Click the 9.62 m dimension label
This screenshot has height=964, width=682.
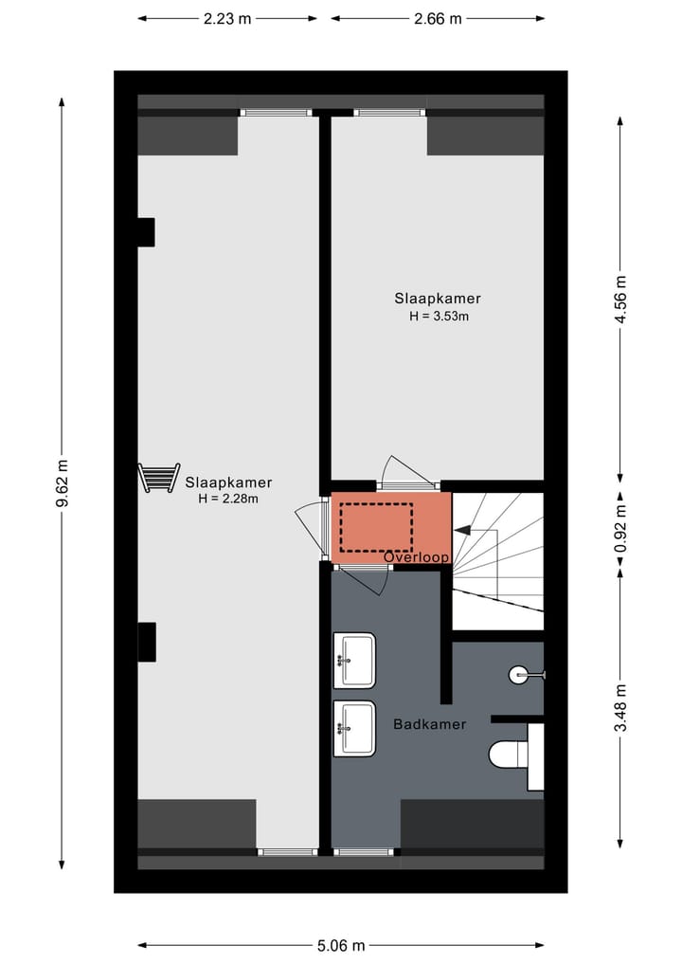(63, 483)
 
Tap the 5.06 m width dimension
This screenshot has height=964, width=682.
(341, 945)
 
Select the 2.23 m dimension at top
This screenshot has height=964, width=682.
(227, 18)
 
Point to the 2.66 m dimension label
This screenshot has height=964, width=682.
(438, 18)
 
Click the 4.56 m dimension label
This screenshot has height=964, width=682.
(620, 300)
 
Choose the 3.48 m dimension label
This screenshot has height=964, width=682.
(620, 707)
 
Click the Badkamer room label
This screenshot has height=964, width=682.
(429, 724)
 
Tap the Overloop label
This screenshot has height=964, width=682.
(417, 557)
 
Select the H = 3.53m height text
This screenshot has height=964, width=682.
(439, 317)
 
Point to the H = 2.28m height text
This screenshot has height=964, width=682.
(227, 498)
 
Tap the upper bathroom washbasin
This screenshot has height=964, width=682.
(354, 660)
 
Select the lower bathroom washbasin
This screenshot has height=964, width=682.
(354, 727)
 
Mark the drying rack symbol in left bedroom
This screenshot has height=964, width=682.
(158, 477)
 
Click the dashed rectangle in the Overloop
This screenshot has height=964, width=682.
(377, 528)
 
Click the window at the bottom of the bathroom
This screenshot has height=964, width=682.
(364, 851)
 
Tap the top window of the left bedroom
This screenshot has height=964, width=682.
(275, 112)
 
